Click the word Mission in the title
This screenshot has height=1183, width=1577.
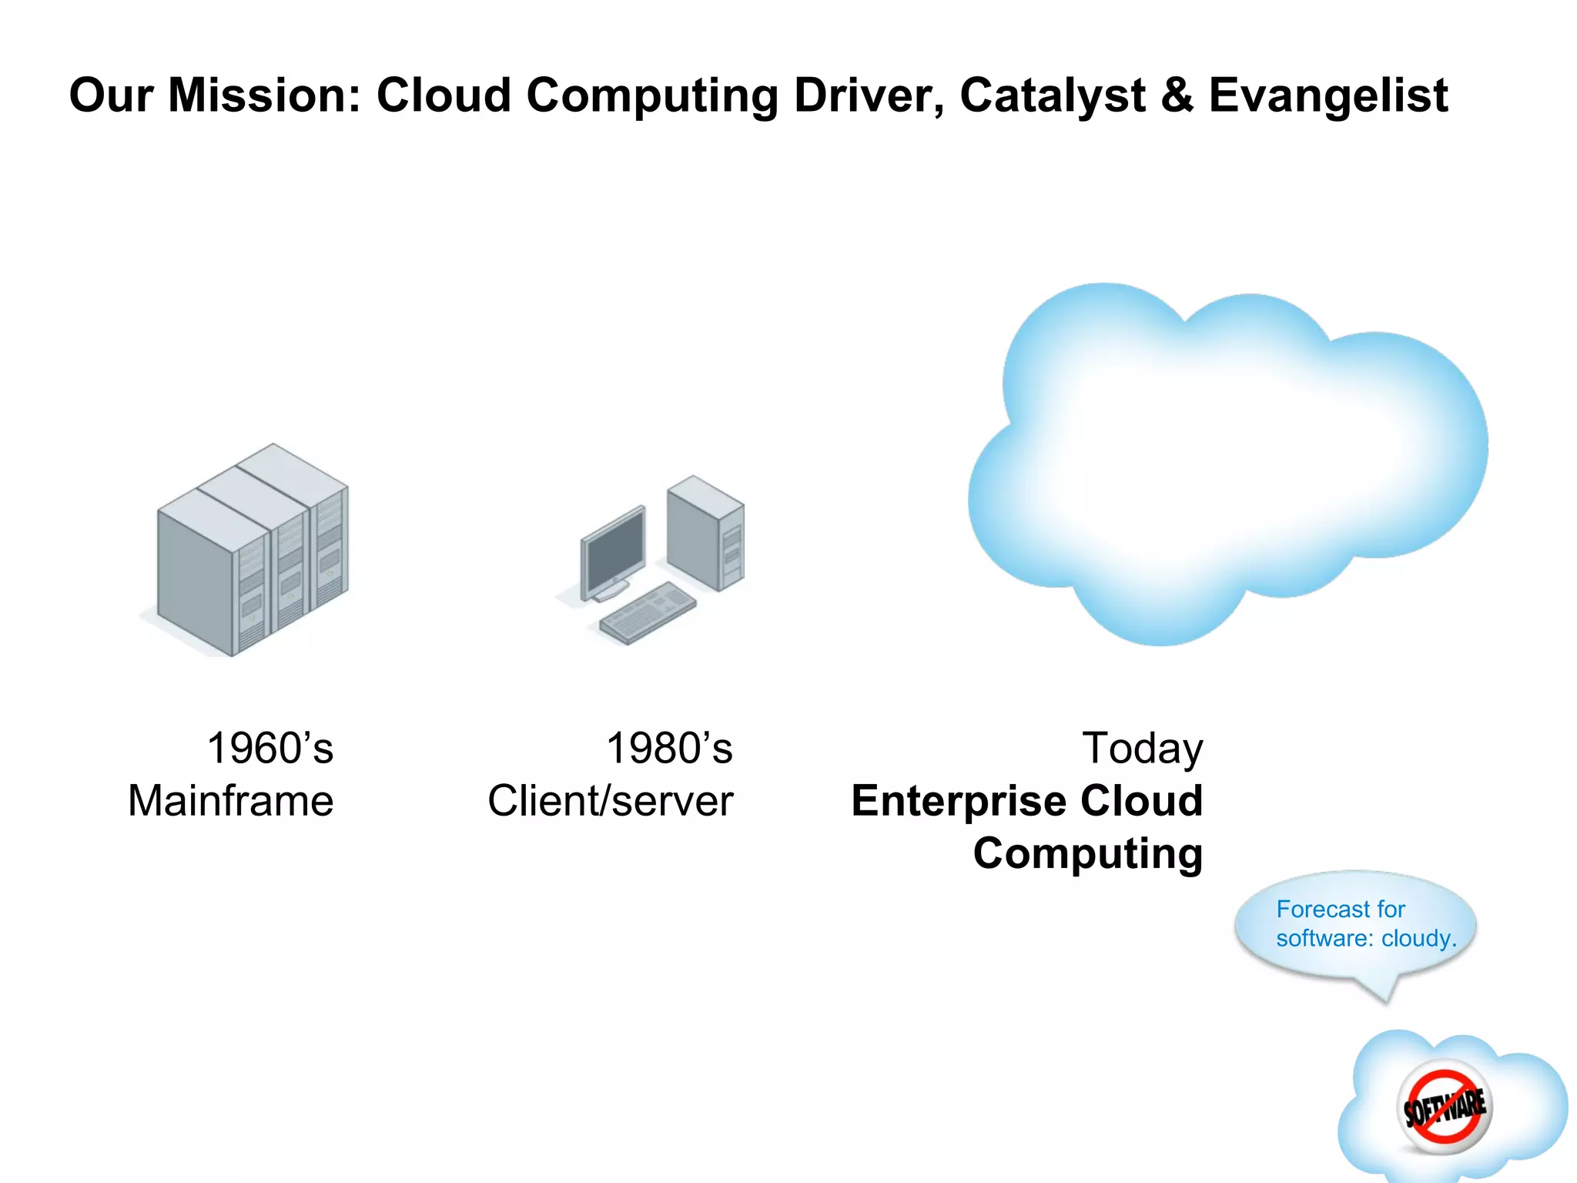(264, 96)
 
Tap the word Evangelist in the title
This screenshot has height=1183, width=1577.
(1328, 96)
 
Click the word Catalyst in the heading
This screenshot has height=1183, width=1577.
(1053, 96)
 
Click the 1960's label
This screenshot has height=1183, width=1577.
(270, 749)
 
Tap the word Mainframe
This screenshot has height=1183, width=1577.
(230, 801)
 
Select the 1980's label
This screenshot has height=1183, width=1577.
(669, 749)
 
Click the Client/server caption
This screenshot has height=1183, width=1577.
(610, 801)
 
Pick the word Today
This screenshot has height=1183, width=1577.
(1142, 749)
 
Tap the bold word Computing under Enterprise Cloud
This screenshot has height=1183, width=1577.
(1087, 853)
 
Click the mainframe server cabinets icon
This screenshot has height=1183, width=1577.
(253, 551)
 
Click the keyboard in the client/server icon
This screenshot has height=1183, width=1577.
(648, 612)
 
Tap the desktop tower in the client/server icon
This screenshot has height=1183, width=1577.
(705, 531)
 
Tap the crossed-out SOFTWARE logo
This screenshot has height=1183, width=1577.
(1445, 1108)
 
